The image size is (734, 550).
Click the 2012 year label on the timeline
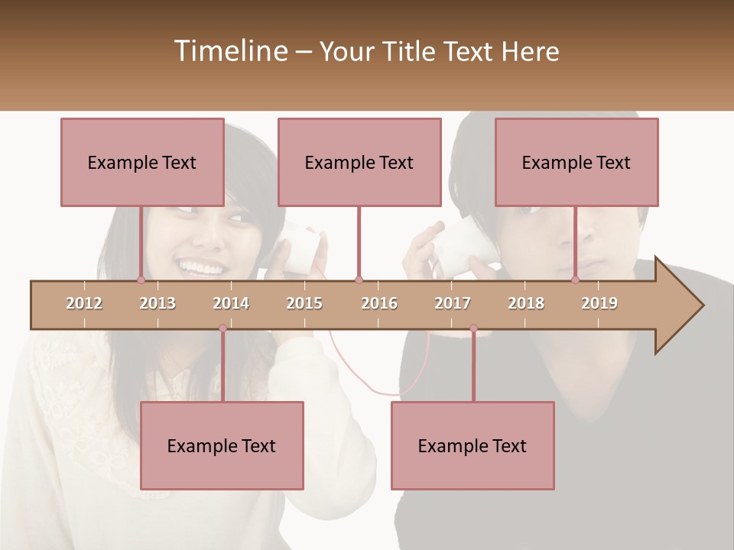coord(84,303)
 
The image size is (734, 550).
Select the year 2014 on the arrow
coord(231,303)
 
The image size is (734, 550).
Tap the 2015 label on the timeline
coord(304,303)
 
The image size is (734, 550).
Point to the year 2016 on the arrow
coord(379,303)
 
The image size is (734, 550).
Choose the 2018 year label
coord(526,303)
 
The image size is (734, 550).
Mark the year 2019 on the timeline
coord(599,303)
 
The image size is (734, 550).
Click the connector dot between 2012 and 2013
coord(141,280)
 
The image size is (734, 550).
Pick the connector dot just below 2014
coord(222,328)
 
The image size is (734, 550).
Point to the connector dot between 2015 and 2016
coord(359,280)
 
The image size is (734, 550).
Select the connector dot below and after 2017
coord(473,328)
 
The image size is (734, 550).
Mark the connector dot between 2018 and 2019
coord(575,280)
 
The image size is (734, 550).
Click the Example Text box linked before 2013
coord(142,162)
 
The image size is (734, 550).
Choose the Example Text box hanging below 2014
coord(222,445)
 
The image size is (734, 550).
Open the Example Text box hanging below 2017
coord(473,445)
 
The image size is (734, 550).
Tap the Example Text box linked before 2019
coord(576,162)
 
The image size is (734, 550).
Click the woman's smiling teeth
coord(201,268)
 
